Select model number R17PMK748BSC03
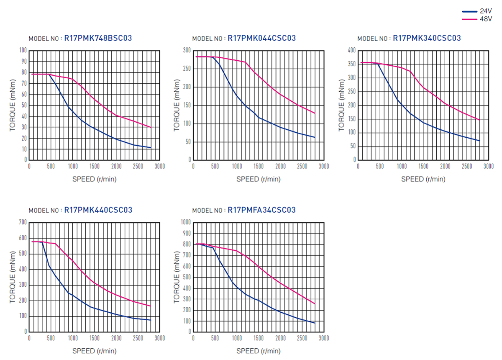[98, 38]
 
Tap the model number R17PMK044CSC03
[261, 38]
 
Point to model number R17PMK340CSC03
[427, 38]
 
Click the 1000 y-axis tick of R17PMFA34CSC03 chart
[185, 222]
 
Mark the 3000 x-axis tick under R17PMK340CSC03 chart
[489, 167]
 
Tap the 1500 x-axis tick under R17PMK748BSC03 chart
[94, 167]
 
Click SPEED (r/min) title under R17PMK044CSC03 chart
[258, 179]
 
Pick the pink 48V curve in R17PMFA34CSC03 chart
[259, 267]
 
